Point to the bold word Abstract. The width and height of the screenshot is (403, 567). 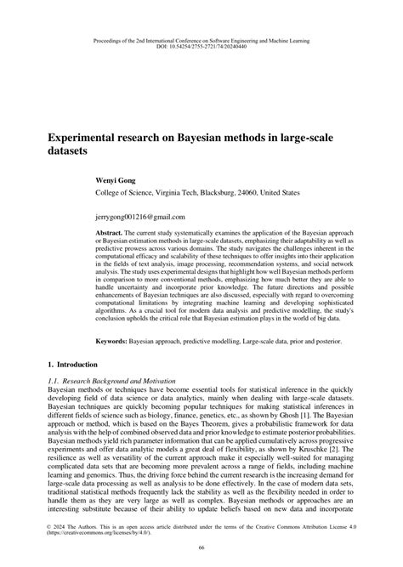pos(110,232)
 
